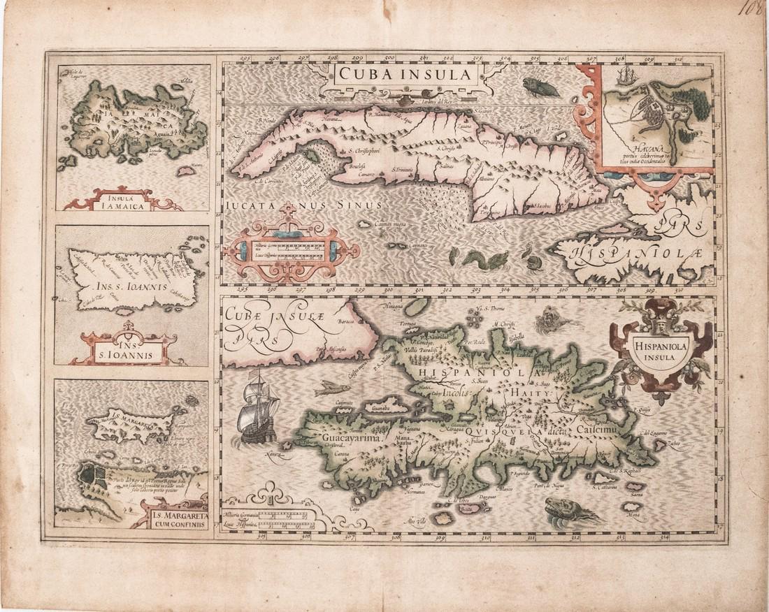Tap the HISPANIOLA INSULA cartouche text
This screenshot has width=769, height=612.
(x=660, y=349)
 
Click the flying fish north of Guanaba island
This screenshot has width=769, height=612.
(x=331, y=389)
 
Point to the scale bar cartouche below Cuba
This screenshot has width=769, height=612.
(x=292, y=248)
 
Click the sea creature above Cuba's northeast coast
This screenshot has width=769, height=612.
(x=542, y=87)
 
